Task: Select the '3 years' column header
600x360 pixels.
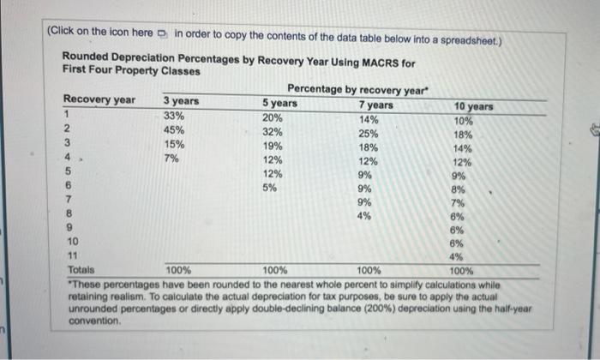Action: (x=181, y=102)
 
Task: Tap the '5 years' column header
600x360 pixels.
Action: (x=279, y=104)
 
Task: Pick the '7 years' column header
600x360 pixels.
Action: (x=375, y=105)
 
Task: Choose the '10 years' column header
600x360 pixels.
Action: (x=474, y=107)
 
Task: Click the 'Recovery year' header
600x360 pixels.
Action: (x=99, y=100)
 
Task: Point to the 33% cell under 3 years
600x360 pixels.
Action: (x=174, y=116)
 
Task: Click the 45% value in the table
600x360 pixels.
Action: (x=174, y=130)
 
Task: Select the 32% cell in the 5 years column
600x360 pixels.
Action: (x=273, y=133)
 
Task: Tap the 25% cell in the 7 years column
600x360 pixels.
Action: (x=368, y=134)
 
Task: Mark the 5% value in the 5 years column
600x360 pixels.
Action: (x=269, y=189)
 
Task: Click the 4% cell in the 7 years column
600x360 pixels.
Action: (x=364, y=216)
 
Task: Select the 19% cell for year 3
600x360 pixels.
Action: (x=273, y=147)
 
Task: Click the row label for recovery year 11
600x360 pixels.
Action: (x=72, y=255)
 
